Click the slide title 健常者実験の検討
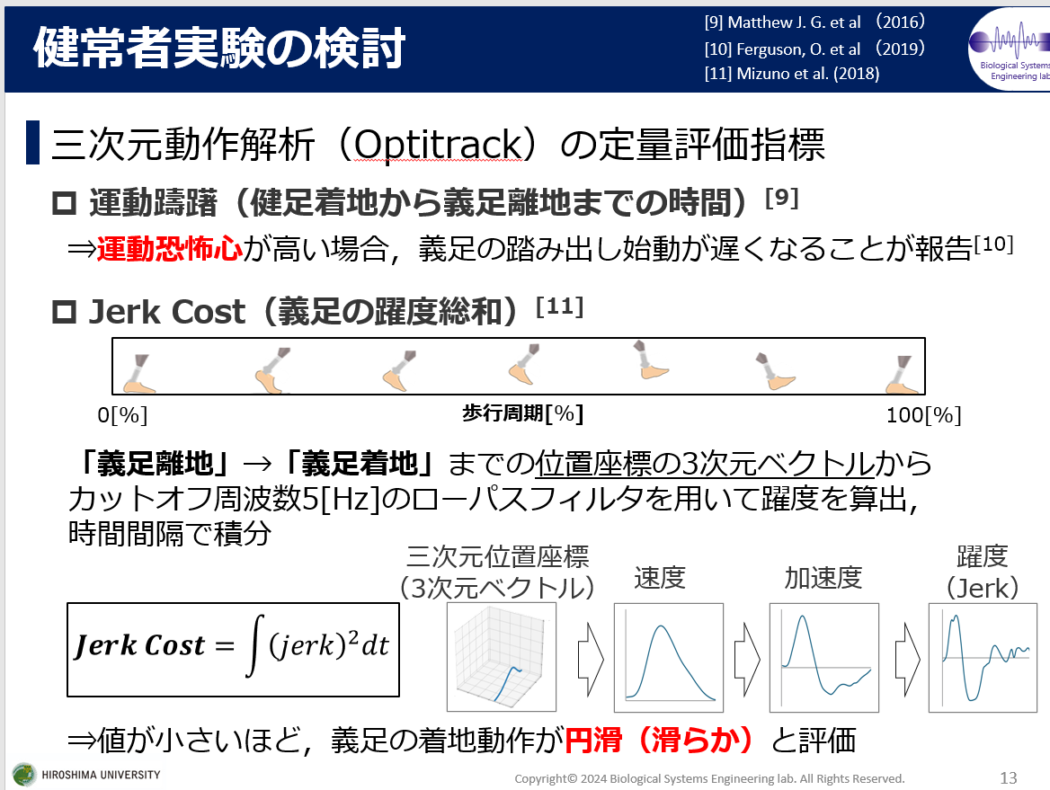coord(219,49)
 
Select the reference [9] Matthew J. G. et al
coord(782,22)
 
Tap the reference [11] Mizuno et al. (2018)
coord(791,74)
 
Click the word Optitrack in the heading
coord(438,145)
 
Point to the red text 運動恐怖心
coord(169,248)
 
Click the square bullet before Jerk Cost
coord(65,312)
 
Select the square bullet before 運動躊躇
coord(65,203)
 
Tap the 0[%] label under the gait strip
coord(122,415)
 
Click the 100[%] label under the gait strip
coord(923,415)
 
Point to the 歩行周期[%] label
coord(523,413)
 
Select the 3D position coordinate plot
coord(502,657)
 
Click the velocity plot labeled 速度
coord(668,658)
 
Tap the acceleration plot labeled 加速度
coord(823,658)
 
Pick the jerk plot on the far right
coord(983,658)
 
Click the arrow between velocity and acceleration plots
coord(747,660)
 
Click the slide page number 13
coord(1008,778)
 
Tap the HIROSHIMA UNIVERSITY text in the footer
coord(101,775)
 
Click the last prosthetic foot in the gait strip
coord(902,374)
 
